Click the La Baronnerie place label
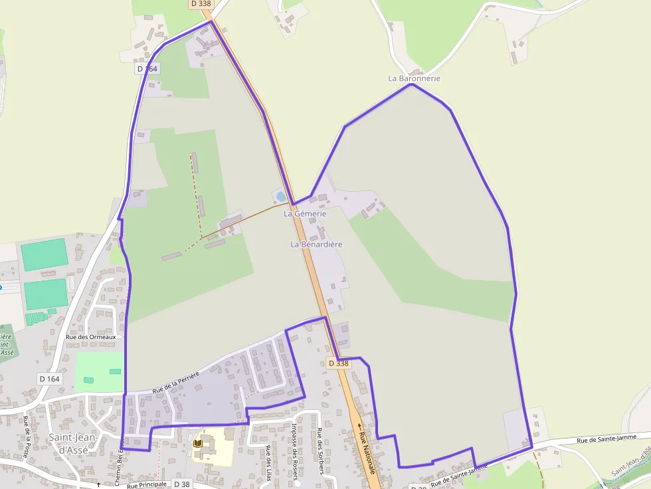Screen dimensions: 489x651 [414, 78]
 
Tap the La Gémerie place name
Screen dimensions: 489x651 [305, 214]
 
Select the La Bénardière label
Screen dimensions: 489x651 [316, 244]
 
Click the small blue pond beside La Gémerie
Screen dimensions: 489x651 [280, 196]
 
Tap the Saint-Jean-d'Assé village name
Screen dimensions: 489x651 [73, 443]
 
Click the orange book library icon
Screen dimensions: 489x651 [197, 443]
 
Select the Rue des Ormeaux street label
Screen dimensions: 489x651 [90, 337]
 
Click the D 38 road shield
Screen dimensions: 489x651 [181, 484]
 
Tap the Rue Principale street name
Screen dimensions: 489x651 [146, 484]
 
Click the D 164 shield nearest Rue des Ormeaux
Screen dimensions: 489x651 [49, 379]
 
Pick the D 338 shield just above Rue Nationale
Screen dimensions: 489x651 [337, 363]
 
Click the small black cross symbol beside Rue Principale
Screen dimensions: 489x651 [98, 484]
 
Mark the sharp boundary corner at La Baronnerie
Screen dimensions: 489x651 [412, 84]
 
